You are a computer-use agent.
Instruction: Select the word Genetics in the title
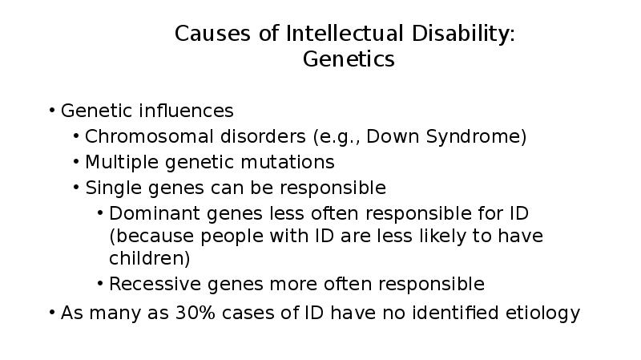coord(349,59)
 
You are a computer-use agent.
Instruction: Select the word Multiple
coord(122,162)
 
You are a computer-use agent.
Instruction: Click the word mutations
coord(292,162)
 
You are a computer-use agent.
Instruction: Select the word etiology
coord(541,313)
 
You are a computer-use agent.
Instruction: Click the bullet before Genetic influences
coord(52,111)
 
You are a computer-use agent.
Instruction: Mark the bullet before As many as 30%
coord(52,313)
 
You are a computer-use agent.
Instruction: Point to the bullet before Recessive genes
coord(100,284)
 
